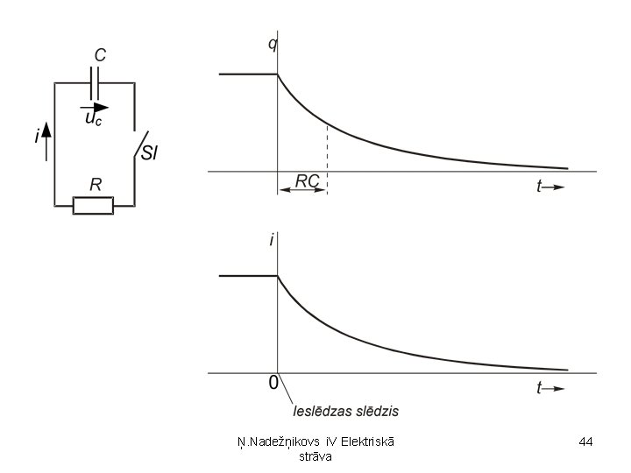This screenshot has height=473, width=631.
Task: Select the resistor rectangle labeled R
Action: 93,206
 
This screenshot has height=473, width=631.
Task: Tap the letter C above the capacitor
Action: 100,55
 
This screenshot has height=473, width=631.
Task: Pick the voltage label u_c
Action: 93,119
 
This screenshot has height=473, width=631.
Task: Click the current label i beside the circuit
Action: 35,137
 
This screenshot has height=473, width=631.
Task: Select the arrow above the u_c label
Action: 92,108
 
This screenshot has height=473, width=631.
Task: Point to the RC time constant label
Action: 307,180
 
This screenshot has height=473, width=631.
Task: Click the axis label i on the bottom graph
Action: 272,240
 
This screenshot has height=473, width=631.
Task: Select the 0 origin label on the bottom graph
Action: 273,383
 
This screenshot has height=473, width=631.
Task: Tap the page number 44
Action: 586,442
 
